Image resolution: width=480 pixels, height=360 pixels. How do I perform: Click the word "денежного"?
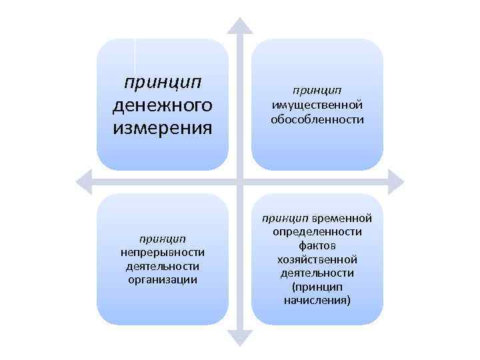pyautogui.click(x=163, y=105)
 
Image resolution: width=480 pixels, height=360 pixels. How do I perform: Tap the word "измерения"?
pyautogui.click(x=163, y=127)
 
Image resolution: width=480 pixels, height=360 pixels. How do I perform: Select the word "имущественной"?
pyautogui.click(x=317, y=104)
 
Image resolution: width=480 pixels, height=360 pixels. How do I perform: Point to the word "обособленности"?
pyautogui.click(x=317, y=119)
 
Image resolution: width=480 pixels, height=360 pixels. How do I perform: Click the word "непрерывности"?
pyautogui.click(x=163, y=252)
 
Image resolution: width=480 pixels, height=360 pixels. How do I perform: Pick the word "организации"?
pyautogui.click(x=163, y=279)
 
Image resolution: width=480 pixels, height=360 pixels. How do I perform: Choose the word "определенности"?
pyautogui.click(x=317, y=231)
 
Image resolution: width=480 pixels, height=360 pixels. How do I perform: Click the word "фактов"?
pyautogui.click(x=317, y=245)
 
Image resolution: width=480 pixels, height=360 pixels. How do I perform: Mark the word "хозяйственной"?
pyautogui.click(x=317, y=259)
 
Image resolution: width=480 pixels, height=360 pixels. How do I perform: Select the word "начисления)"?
pyautogui.click(x=317, y=301)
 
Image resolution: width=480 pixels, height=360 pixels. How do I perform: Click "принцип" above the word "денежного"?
pyautogui.click(x=163, y=83)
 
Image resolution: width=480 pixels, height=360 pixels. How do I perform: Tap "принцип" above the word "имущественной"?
pyautogui.click(x=317, y=89)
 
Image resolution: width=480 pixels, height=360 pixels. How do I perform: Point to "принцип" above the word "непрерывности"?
pyautogui.click(x=163, y=238)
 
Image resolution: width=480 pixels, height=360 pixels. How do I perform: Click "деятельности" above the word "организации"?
pyautogui.click(x=163, y=266)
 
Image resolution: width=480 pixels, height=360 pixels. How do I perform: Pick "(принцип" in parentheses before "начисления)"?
pyautogui.click(x=317, y=287)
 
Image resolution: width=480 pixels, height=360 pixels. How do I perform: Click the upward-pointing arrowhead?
pyautogui.click(x=240, y=25)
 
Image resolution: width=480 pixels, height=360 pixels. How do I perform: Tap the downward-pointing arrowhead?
pyautogui.click(x=240, y=338)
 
